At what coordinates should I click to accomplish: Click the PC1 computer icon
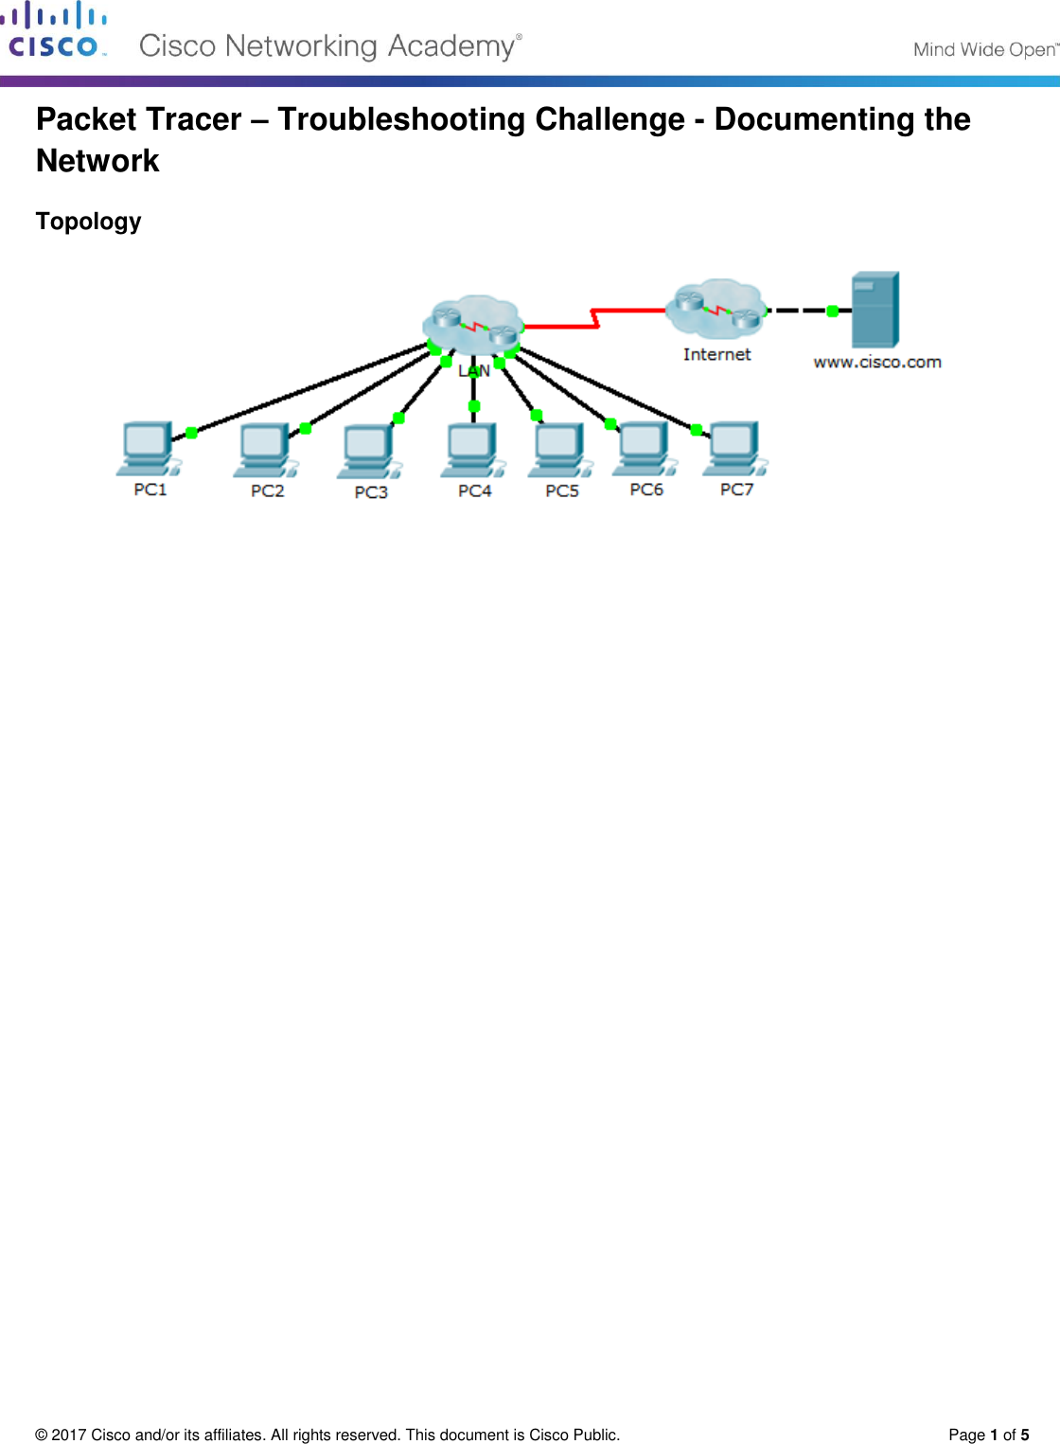(148, 448)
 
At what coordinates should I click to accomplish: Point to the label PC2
(267, 490)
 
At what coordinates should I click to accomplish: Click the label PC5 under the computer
(562, 490)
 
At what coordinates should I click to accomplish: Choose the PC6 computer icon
(645, 448)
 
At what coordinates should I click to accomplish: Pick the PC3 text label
(371, 492)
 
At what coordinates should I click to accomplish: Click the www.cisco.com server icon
(874, 310)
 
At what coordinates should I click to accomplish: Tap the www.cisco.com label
(877, 362)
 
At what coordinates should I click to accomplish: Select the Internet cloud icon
(716, 308)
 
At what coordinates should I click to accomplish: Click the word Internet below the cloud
(716, 354)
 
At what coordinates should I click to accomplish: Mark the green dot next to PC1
(191, 433)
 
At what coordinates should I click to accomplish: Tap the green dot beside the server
(833, 311)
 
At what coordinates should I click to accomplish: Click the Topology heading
(88, 222)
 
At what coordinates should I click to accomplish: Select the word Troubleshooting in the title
(481, 119)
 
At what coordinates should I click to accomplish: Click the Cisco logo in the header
(54, 31)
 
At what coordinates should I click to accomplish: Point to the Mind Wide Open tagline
(984, 49)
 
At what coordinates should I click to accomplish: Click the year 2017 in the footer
(68, 1435)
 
